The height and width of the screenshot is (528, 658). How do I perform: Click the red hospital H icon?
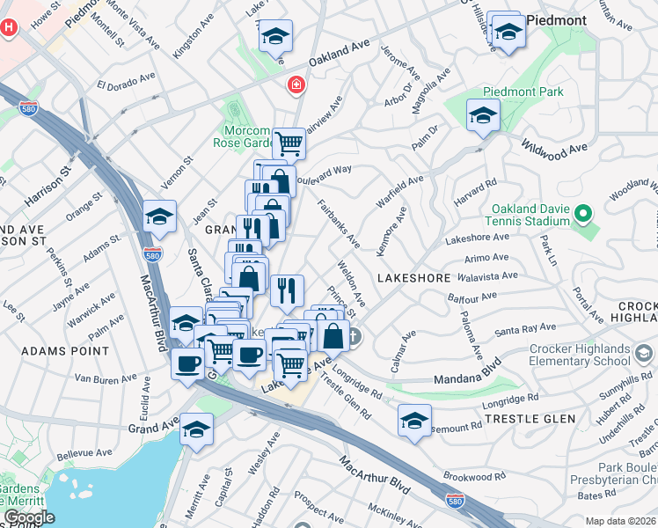click(x=9, y=27)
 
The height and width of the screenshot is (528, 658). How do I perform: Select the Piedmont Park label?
click(x=523, y=92)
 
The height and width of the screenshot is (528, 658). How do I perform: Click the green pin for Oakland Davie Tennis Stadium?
click(x=581, y=214)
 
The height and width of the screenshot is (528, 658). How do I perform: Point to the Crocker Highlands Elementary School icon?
click(x=644, y=354)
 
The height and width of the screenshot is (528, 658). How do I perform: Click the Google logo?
click(x=28, y=517)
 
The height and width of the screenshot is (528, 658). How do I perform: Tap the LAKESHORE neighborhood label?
click(x=413, y=278)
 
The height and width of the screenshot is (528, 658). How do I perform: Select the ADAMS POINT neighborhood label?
click(x=55, y=350)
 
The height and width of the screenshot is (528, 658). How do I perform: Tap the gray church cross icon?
click(x=353, y=336)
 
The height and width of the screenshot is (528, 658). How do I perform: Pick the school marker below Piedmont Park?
click(x=483, y=115)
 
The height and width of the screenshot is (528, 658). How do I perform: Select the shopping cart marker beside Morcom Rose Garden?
click(x=289, y=142)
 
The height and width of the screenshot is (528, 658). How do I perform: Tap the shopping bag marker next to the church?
click(x=334, y=335)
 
